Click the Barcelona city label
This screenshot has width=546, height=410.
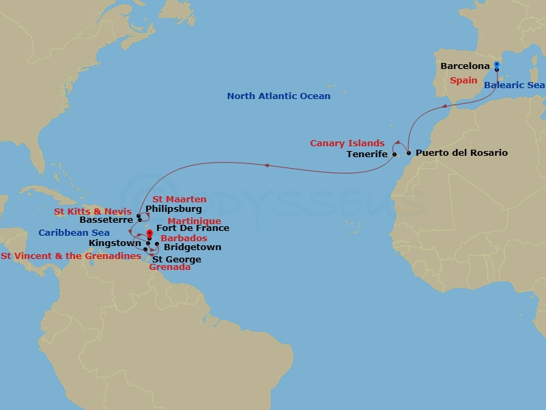point(465,66)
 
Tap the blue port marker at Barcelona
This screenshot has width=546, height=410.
point(497,66)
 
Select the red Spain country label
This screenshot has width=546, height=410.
point(463,81)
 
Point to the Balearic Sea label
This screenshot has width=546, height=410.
point(515,85)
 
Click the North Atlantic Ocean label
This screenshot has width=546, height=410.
point(278,96)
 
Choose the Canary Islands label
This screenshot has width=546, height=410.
point(347,143)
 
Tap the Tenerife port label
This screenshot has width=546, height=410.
point(367,154)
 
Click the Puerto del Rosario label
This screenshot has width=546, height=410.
point(461,153)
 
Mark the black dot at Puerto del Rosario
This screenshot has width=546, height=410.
point(409,153)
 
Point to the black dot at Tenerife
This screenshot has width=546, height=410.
point(394,154)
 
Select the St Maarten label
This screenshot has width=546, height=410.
point(175,200)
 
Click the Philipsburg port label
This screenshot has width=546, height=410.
point(173,208)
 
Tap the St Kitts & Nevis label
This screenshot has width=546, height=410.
point(93,212)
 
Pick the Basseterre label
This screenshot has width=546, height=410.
point(105,221)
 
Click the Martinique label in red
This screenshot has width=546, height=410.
point(194,221)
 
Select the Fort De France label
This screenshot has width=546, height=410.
point(192,228)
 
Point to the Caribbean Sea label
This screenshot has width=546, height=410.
point(74,233)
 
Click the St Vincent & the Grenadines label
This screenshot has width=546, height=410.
point(71,256)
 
